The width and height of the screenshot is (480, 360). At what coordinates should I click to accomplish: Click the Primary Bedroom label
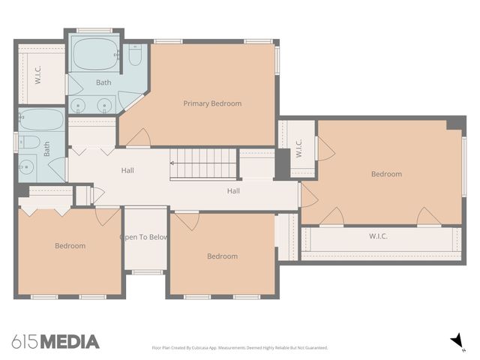[212, 103]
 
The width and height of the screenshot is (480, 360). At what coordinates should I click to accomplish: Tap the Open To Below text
[144, 238]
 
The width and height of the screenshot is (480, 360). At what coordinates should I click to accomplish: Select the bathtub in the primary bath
[95, 54]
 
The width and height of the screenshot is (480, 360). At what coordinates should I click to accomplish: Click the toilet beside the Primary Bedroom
[135, 55]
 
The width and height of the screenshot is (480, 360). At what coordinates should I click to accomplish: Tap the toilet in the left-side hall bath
[28, 142]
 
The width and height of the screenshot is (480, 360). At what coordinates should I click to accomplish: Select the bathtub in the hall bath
[42, 120]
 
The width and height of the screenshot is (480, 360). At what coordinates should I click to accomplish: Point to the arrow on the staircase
[174, 162]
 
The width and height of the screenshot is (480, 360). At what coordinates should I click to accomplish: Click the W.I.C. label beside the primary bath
[37, 76]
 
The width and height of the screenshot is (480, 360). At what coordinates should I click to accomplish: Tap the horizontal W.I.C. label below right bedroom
[378, 237]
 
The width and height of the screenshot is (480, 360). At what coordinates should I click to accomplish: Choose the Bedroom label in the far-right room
[386, 174]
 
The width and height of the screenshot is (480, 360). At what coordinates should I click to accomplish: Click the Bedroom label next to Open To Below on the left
[70, 245]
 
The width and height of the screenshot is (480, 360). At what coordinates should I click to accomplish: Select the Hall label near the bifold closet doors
[127, 171]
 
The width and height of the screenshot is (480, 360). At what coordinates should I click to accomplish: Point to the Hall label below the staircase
[233, 191]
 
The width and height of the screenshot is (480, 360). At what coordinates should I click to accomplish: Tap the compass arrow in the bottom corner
[456, 341]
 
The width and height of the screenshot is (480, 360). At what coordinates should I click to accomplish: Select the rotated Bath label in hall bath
[46, 151]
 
